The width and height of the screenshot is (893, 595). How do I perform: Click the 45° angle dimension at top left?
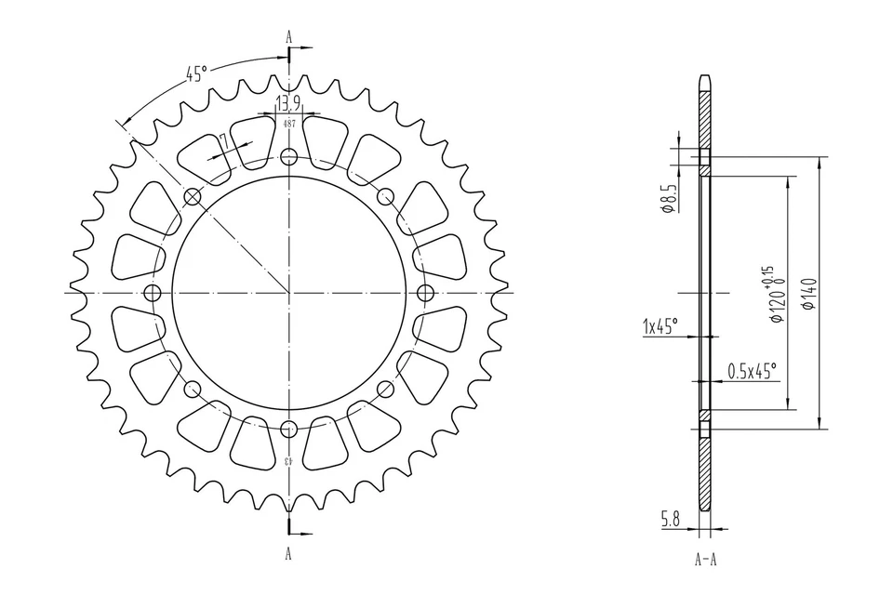196,73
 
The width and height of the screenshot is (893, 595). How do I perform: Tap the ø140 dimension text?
806,293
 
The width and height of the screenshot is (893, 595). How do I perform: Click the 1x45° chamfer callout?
660,326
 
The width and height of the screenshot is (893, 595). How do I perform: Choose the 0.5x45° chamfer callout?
751,370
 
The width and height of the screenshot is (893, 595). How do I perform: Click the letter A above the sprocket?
288,36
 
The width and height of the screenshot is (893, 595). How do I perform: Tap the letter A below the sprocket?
288,555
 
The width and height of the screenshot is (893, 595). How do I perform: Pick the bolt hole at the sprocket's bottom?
288,429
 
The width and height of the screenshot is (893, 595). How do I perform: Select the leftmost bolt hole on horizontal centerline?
153,293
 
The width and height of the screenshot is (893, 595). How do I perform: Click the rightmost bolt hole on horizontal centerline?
426,293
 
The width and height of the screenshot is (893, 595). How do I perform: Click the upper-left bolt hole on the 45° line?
193,196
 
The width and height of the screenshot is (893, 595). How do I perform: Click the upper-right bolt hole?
385,195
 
